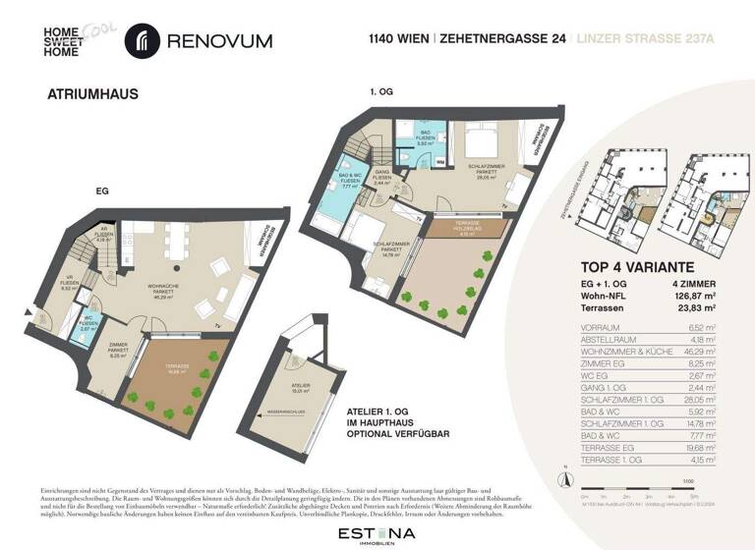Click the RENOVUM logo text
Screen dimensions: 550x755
(x=218, y=41)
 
